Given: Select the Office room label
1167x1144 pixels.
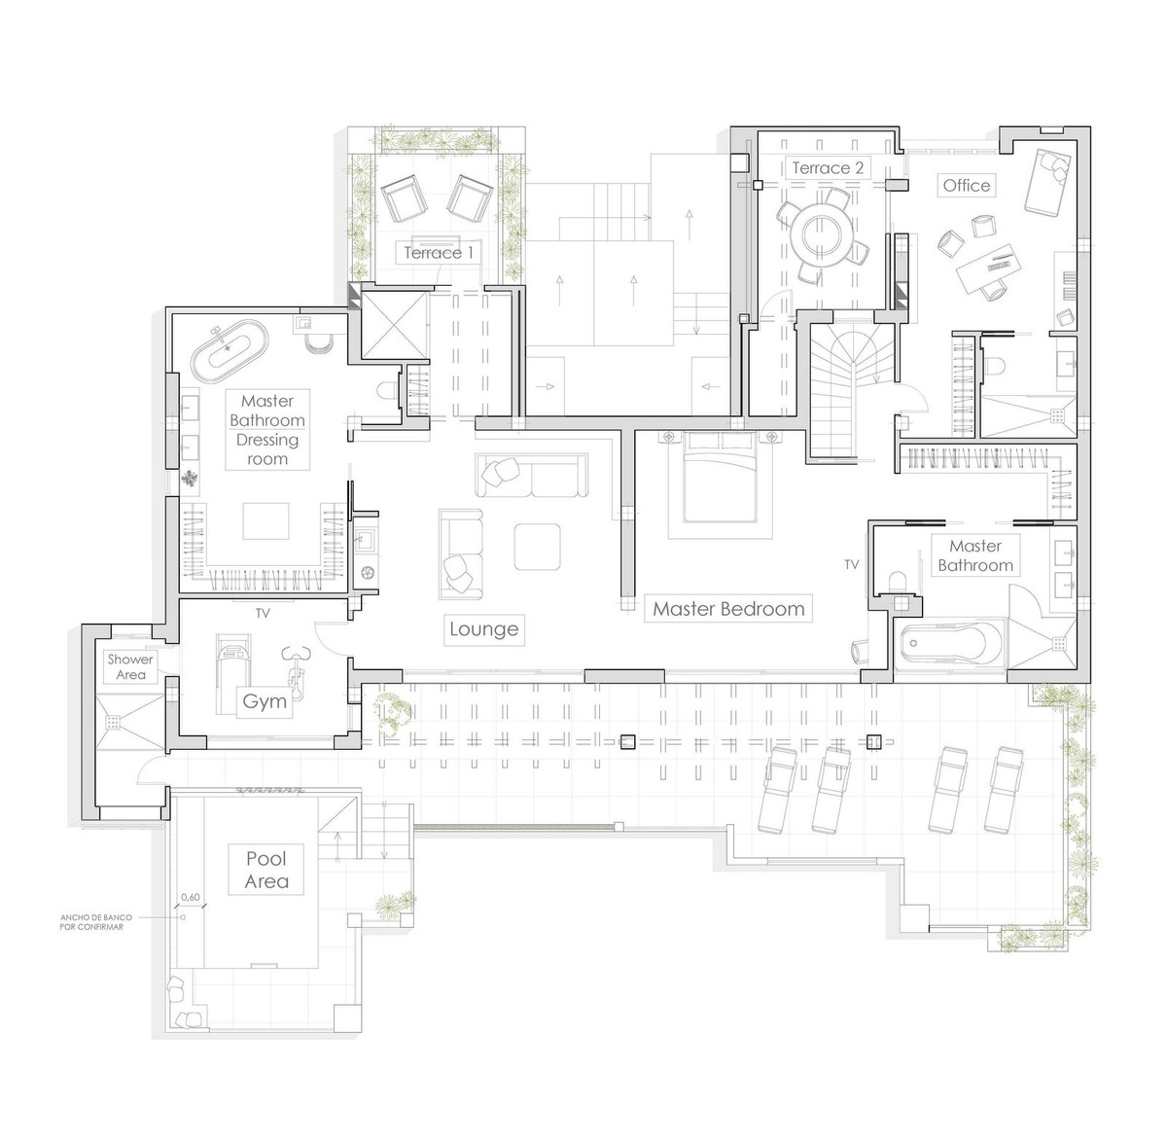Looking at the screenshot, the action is coord(966,186).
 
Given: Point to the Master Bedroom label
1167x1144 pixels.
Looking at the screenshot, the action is coord(728,608).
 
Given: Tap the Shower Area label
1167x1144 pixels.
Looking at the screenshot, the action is coord(130,666).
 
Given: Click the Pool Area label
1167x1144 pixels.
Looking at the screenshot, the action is coord(266,870).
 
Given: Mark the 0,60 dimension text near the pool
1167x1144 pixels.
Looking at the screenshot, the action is coord(191,897).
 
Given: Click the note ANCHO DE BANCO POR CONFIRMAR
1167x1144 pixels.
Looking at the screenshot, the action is coord(95,922).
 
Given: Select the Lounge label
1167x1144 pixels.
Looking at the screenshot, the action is coord(484,629).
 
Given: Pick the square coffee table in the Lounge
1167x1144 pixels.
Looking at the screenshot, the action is coord(537,547).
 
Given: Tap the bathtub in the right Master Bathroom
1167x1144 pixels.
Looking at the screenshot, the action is coord(949,645).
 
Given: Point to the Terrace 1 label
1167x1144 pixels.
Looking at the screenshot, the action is coord(439,253).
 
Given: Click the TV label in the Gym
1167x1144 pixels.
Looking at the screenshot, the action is coord(263,613).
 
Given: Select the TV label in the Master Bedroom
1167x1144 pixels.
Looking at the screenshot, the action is coord(852,565).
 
